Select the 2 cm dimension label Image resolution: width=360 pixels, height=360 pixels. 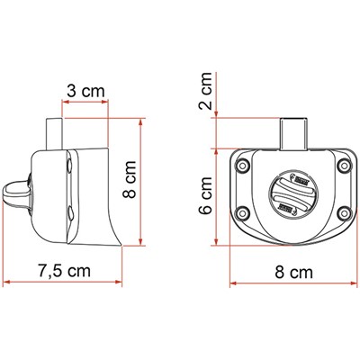click(207, 91)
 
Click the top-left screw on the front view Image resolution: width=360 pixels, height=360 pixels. click(243, 166)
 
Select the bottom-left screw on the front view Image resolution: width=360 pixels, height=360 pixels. click(243, 214)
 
